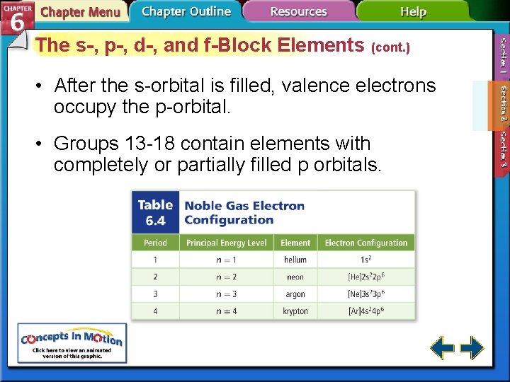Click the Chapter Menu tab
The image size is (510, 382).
click(80, 12)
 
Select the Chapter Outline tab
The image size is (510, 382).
click(186, 11)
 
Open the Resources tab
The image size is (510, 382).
click(298, 11)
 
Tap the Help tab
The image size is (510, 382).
click(413, 11)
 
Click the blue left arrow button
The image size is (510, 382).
click(443, 348)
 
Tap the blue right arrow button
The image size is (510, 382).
click(472, 348)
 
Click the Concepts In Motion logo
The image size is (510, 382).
click(72, 342)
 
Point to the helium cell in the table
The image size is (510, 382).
click(295, 260)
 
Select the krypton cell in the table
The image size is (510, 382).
click(295, 311)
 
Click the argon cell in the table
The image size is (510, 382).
click(295, 294)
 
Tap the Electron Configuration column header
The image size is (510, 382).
click(366, 243)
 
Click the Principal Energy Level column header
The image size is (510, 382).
click(227, 243)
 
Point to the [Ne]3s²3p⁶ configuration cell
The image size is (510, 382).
click(366, 294)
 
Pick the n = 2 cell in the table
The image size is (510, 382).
click(227, 277)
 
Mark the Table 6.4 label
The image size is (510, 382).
click(155, 212)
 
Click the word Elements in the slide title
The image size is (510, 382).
click(322, 45)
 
